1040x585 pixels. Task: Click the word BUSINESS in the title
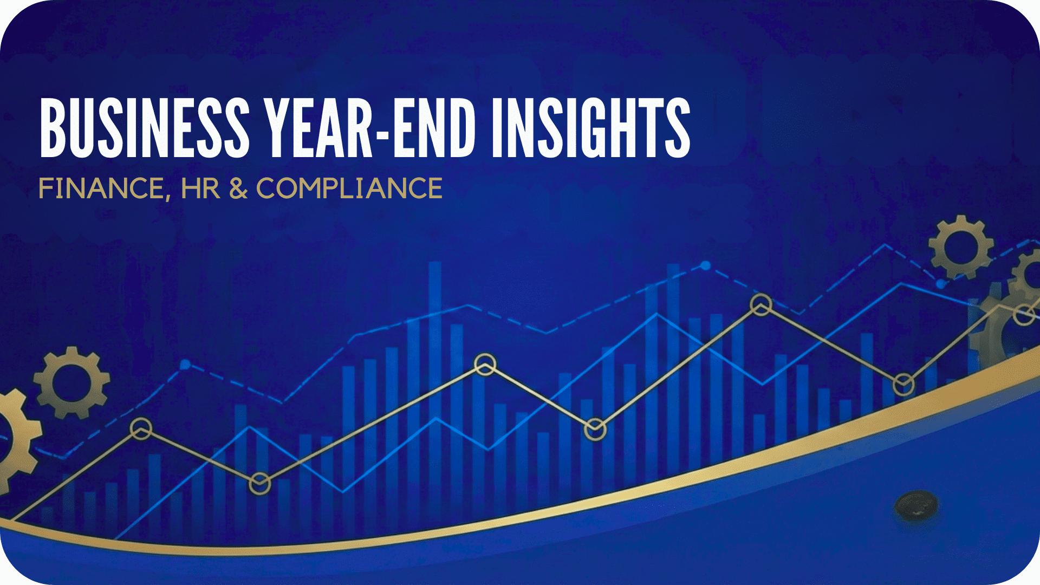[x=145, y=128]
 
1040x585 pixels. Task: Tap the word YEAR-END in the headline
[x=370, y=128]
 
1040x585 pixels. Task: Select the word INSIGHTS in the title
[x=591, y=128]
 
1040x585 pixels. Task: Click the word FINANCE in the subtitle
[x=101, y=188]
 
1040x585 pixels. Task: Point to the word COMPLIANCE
[x=349, y=188]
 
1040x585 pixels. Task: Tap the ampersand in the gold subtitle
[x=238, y=188]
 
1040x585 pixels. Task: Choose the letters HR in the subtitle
[x=200, y=188]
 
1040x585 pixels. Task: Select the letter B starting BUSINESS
[x=53, y=128]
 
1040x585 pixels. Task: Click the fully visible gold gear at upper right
[x=961, y=247]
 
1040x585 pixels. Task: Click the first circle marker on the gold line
[x=141, y=429]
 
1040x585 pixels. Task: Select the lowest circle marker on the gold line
[x=259, y=484]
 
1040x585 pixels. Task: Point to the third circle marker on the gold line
[x=485, y=365]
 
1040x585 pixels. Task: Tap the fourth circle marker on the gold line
[x=595, y=430]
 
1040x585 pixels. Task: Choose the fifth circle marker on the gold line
[x=761, y=305]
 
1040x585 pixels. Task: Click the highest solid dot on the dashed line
[x=705, y=265]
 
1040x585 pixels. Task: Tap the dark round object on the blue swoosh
[x=916, y=505]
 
